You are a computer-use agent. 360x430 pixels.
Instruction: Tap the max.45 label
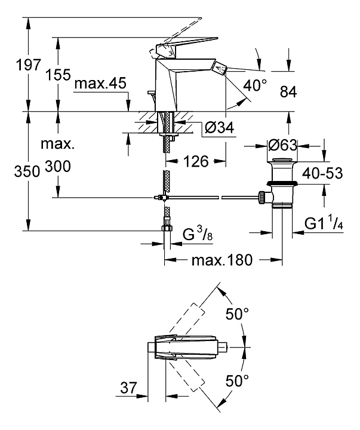tap(101, 84)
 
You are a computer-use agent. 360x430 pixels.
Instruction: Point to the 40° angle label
tap(256, 85)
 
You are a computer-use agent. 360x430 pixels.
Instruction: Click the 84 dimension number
tap(288, 91)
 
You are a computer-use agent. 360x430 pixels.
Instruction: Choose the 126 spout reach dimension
tap(195, 161)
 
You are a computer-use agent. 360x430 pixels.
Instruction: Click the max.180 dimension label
tap(223, 260)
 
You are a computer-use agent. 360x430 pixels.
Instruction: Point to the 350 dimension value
tap(13, 170)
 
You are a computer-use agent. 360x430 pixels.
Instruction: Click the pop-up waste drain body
tap(282, 182)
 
